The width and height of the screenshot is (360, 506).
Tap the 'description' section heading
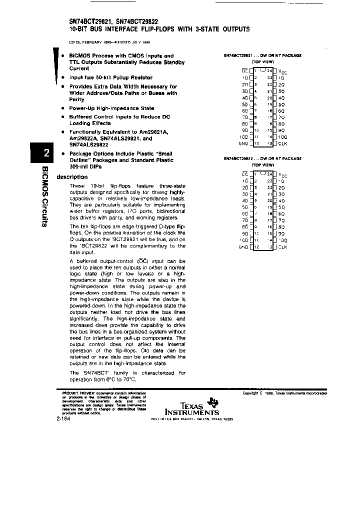coord(72,177)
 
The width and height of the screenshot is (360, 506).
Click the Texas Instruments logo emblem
coord(214,402)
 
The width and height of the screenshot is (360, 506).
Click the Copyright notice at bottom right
coord(284,393)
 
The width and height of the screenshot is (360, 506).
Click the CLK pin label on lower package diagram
coord(282,247)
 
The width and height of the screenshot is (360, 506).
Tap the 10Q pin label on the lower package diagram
coord(282,240)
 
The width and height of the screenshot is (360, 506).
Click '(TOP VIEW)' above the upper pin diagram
coord(262,61)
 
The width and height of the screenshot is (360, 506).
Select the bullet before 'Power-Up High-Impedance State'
coord(62,108)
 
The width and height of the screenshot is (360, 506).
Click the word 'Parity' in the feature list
coord(76,99)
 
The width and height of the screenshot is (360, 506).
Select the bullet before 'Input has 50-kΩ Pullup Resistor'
coord(62,77)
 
